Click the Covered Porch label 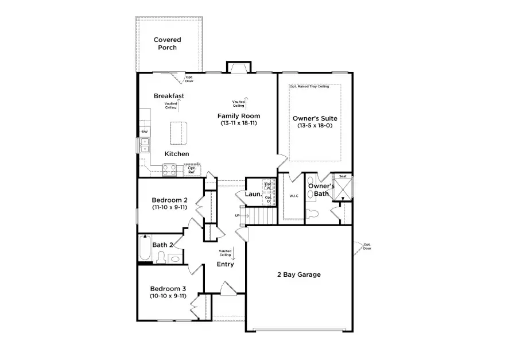click(x=167, y=44)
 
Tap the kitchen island click(x=179, y=133)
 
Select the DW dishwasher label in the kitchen click(x=145, y=132)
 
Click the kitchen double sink click(x=145, y=145)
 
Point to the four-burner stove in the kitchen click(x=170, y=169)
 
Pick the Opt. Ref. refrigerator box click(x=192, y=170)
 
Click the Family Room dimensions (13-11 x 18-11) click(x=238, y=123)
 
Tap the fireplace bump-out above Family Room click(x=238, y=67)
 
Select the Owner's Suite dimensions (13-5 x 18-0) click(x=315, y=125)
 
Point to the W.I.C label click(x=294, y=196)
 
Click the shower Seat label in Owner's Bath click(x=343, y=177)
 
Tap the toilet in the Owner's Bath click(x=312, y=214)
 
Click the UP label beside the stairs click(x=237, y=215)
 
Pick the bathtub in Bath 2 click(x=145, y=250)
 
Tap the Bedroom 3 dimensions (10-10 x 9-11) click(x=168, y=296)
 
